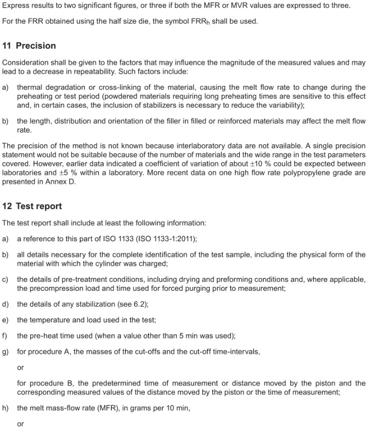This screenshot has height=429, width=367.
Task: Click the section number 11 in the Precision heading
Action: point(7,46)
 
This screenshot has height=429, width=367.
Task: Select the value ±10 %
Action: point(297,164)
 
